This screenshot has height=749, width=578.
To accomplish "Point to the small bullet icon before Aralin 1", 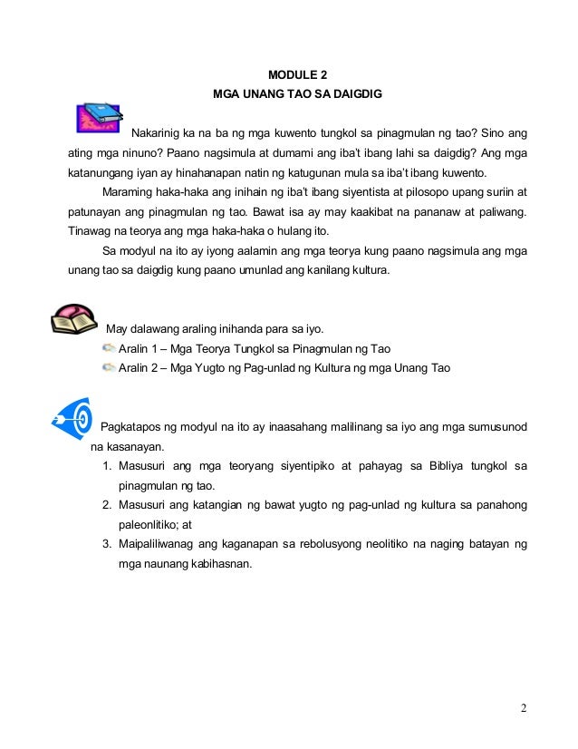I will tap(109, 348).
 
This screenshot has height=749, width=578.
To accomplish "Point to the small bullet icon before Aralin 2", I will tap(109, 367).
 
